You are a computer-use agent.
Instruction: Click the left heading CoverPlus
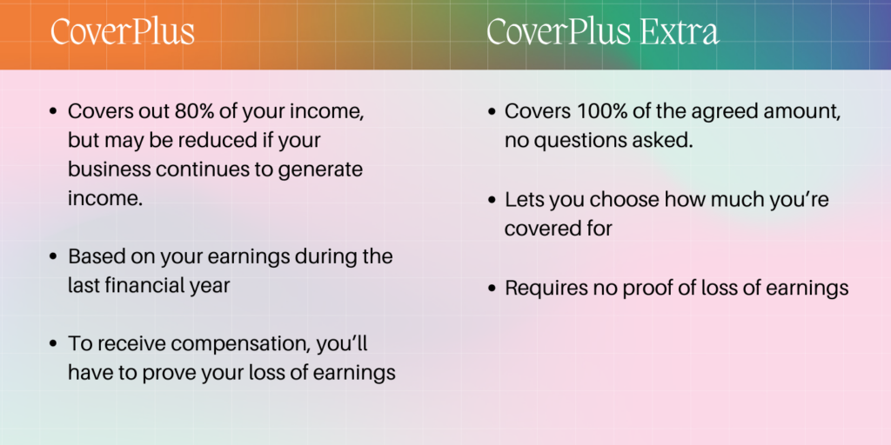click(x=123, y=32)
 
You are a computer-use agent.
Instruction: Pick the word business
click(x=110, y=170)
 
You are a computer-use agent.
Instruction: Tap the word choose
click(x=626, y=201)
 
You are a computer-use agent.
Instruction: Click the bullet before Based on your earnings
click(x=54, y=256)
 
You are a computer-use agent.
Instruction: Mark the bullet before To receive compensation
click(x=54, y=344)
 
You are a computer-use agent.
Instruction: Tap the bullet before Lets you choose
click(x=492, y=201)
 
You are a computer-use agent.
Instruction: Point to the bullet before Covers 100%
click(x=492, y=112)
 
